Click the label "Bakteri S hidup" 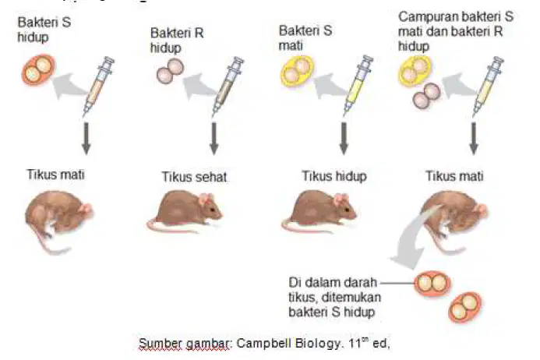[44, 30]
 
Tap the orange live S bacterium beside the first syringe [38, 69]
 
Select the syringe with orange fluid [98, 86]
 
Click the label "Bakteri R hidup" [177, 41]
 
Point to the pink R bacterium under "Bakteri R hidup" [170, 71]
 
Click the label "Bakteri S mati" [305, 38]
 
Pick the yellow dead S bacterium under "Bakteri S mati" [298, 71]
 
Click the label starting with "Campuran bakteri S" [456, 31]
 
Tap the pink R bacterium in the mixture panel [426, 95]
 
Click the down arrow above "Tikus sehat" [214, 139]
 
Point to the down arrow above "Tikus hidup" [344, 139]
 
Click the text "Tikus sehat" [194, 177]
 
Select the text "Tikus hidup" [334, 176]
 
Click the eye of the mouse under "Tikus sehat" [213, 210]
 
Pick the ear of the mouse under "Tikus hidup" [340, 199]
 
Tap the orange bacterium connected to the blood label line [432, 284]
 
